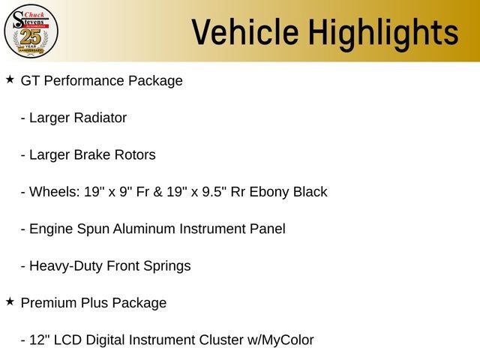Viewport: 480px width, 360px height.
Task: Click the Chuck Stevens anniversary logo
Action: coord(31,31)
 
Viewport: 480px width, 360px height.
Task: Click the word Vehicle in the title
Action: coord(245,32)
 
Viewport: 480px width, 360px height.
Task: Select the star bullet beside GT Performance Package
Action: coord(10,79)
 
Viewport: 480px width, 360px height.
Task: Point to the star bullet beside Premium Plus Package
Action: coord(10,301)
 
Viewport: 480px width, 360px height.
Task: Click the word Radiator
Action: coord(100,118)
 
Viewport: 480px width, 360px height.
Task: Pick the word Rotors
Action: coord(135,155)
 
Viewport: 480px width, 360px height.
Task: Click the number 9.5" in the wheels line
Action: coord(214,192)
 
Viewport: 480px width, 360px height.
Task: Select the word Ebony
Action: coord(269,193)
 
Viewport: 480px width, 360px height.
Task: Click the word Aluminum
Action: coord(144,229)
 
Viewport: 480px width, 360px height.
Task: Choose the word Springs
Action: coord(166,266)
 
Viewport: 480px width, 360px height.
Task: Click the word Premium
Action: coord(49,303)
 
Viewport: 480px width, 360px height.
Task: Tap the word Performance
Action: coord(84,81)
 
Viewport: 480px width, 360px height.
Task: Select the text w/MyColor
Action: coord(280,340)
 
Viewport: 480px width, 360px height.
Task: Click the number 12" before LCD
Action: coord(40,340)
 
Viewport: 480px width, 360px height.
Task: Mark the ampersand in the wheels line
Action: coord(157,192)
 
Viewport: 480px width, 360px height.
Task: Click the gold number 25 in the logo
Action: coord(31,37)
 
